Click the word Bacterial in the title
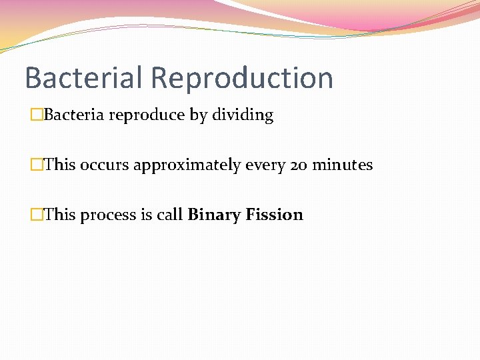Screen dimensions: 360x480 pos(84,77)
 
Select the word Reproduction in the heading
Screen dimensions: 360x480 pos(242,77)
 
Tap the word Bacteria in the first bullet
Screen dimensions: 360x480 pos(74,115)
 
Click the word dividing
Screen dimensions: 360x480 pos(243,115)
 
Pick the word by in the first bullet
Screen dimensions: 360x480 pos(199,115)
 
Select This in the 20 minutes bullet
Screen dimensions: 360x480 pos(59,165)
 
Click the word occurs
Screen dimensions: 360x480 pos(105,165)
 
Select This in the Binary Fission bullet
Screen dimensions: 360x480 pos(59,215)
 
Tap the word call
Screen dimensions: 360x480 pos(169,215)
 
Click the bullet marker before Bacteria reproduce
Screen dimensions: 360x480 pos(36,115)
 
